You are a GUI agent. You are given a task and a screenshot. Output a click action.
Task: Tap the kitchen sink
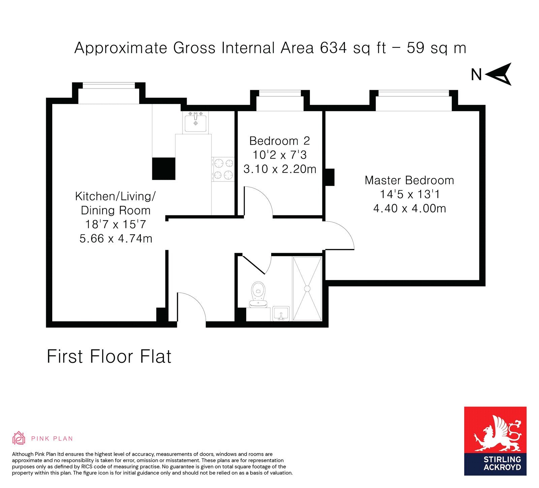(x=196, y=122)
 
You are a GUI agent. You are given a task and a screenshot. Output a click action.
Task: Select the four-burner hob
(x=223, y=169)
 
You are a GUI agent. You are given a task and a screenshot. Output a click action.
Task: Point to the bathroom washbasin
(x=281, y=314)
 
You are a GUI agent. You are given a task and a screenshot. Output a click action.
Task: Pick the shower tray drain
(x=307, y=288)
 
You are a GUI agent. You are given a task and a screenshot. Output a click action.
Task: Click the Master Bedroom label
(x=409, y=180)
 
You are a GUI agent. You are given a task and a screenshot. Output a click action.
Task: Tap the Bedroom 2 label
(x=279, y=141)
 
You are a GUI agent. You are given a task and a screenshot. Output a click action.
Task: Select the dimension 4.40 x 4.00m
(x=409, y=208)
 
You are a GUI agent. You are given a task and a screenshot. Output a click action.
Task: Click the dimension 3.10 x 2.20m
(x=280, y=169)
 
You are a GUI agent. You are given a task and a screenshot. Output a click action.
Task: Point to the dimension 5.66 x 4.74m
(x=116, y=238)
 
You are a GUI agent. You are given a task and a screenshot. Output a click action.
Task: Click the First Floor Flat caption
(x=109, y=356)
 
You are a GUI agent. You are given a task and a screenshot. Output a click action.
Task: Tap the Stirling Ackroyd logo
(x=495, y=441)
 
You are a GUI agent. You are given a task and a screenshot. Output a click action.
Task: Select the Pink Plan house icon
(x=19, y=438)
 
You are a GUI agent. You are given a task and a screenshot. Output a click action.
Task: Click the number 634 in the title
(x=333, y=48)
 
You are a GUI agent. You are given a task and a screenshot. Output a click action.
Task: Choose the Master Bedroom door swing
(x=339, y=235)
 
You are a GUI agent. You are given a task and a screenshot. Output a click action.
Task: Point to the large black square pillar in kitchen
(x=164, y=169)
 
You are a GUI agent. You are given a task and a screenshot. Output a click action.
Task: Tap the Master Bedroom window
(x=414, y=94)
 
